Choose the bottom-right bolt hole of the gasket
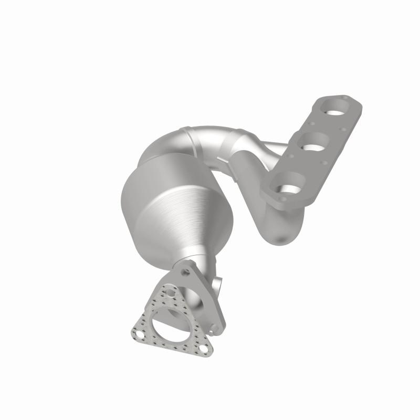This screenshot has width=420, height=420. [203, 348]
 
